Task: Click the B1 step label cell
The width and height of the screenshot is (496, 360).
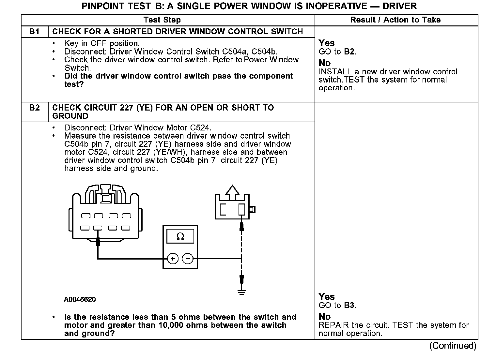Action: (x=34, y=32)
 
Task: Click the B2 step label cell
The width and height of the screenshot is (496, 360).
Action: (x=34, y=108)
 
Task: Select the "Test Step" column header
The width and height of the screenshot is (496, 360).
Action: (x=162, y=20)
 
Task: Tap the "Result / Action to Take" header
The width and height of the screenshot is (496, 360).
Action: (x=395, y=20)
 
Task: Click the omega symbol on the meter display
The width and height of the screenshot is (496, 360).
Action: (x=180, y=236)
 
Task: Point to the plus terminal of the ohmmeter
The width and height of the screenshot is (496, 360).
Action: (x=173, y=259)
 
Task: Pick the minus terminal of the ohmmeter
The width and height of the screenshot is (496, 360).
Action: (x=188, y=259)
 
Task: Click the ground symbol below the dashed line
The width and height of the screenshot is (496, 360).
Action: (x=241, y=292)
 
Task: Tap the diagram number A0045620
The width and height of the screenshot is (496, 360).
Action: (x=80, y=299)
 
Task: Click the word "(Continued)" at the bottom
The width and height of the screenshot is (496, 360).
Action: (x=453, y=346)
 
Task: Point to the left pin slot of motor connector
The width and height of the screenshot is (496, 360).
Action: (x=223, y=209)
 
